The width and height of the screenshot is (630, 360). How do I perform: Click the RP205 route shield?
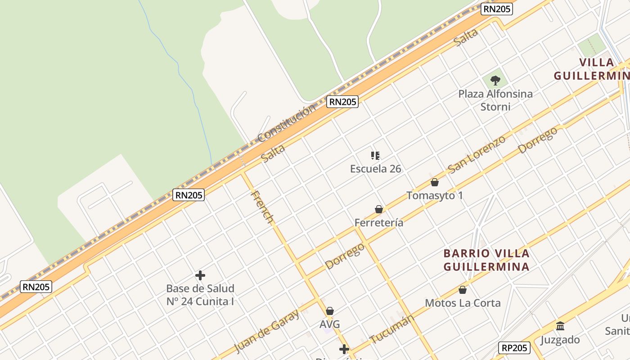pos(514,348)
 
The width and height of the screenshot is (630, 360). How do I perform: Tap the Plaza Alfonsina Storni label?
pos(495,100)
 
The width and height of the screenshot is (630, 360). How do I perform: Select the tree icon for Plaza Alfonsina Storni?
pos(495,81)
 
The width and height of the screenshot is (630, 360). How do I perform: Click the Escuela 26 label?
pos(376,169)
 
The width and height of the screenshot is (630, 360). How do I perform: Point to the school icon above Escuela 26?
pos(375,156)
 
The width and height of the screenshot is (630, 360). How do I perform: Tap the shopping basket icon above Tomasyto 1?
pos(435,182)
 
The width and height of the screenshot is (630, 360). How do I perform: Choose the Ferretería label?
pos(379,222)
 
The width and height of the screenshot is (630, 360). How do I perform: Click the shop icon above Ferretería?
pos(379,209)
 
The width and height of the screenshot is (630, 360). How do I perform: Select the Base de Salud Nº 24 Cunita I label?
pos(200,295)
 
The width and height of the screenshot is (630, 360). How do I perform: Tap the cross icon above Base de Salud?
pos(200,275)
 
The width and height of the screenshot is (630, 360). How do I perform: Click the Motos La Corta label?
pos(463,303)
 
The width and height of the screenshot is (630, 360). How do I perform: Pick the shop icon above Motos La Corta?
pos(463,290)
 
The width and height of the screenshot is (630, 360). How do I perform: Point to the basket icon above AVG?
pos(330,311)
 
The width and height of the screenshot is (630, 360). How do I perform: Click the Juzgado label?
pos(560,339)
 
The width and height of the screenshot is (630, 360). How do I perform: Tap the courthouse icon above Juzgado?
pos(560,326)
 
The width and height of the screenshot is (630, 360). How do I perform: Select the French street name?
pos(262,207)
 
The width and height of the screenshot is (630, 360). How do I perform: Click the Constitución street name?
pos(287,123)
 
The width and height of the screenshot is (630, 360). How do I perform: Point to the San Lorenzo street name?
pos(477,154)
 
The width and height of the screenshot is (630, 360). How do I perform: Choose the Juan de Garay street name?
pos(267,331)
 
